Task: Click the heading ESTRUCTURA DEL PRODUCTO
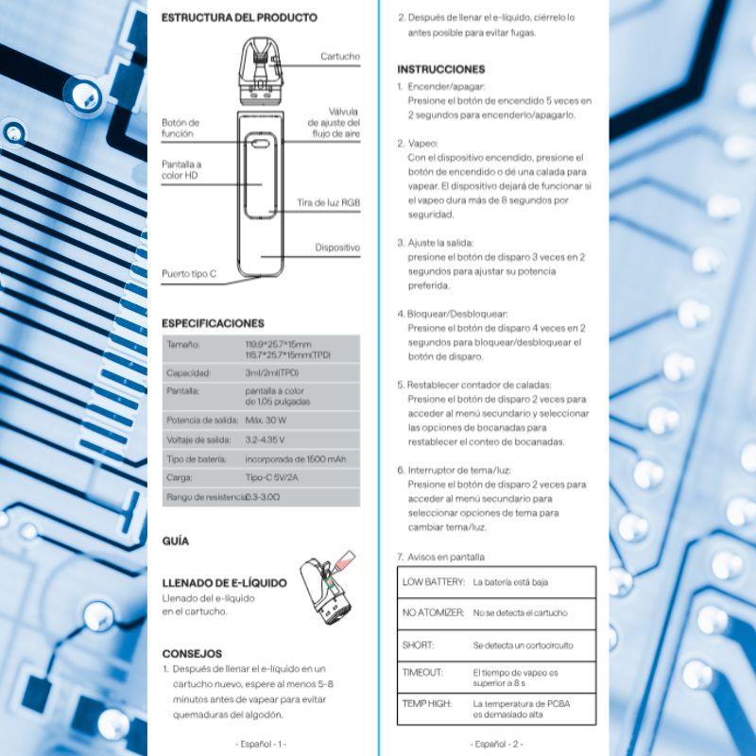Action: click(x=239, y=17)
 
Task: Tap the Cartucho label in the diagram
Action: click(x=339, y=57)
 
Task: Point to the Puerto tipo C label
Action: click(x=188, y=274)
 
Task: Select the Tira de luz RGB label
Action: click(x=328, y=203)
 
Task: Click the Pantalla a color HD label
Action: click(x=180, y=170)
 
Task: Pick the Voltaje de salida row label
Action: click(x=198, y=439)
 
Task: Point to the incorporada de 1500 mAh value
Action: click(x=295, y=459)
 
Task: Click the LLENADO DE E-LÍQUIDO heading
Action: click(x=224, y=583)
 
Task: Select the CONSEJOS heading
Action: click(x=192, y=653)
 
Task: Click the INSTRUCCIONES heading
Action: click(x=440, y=69)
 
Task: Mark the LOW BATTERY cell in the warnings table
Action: click(x=433, y=582)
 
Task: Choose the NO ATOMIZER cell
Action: click(x=433, y=613)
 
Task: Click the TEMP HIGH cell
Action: click(x=427, y=704)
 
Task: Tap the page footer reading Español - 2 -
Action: click(x=496, y=744)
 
